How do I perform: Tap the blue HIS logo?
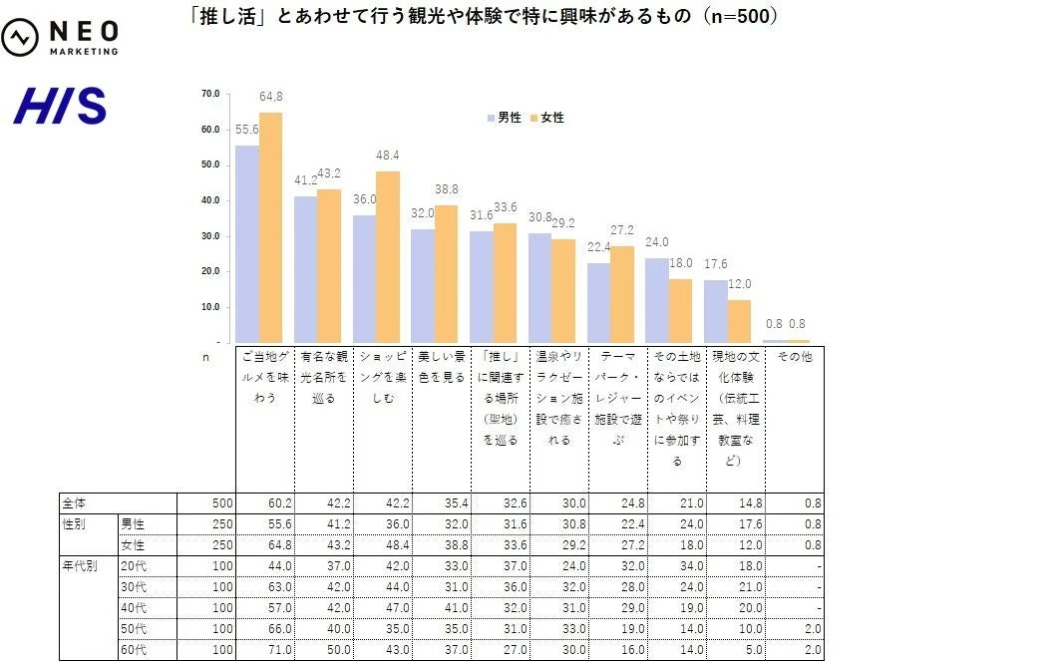pos(59,106)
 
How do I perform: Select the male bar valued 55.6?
pos(246,244)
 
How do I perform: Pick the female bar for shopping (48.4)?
pos(388,257)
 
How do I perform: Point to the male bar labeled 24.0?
pos(656,300)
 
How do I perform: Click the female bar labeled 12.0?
pos(739,321)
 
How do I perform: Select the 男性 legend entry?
pos(507,118)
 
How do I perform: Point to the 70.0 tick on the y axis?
pos(210,94)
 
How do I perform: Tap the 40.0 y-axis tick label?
pos(210,200)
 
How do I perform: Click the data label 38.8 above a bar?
pos(446,188)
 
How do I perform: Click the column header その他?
pos(794,357)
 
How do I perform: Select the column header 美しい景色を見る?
pos(442,367)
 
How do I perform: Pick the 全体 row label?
pos(75,503)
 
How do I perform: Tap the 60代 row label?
pos(133,650)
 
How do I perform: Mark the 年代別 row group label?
pos(81,566)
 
